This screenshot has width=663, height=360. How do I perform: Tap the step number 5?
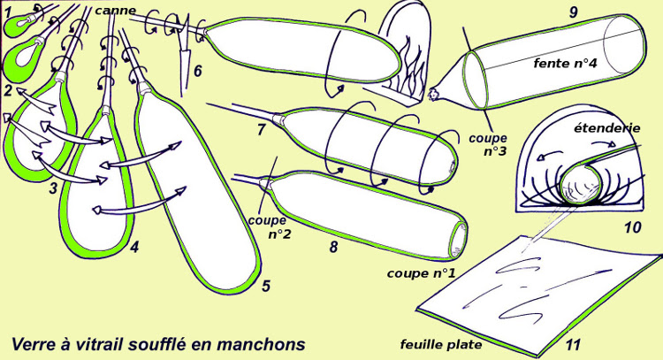(266, 285)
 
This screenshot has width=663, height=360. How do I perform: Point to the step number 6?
(198, 70)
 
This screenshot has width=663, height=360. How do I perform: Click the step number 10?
(631, 228)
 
